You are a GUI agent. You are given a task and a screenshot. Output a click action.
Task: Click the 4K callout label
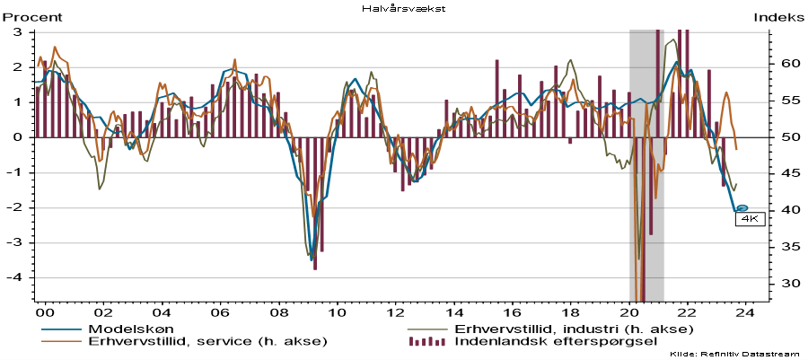(x=749, y=218)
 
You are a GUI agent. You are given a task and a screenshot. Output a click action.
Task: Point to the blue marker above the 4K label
(x=742, y=208)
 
